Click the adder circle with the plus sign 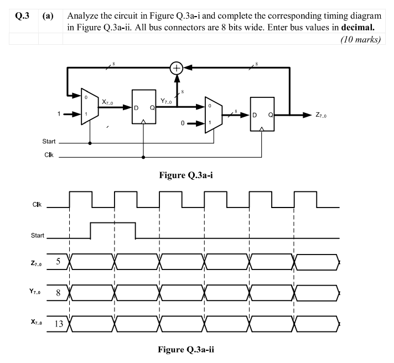click(177, 68)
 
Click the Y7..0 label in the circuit click(168, 101)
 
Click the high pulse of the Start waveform click(113, 224)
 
